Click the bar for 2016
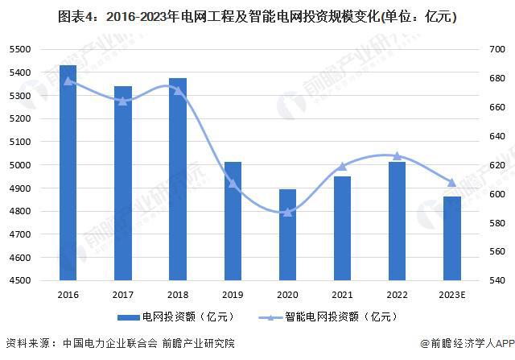click(68, 172)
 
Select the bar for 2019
click(233, 221)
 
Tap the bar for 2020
click(287, 234)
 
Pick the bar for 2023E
click(451, 238)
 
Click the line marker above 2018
click(178, 90)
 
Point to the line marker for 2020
click(287, 212)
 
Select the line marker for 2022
click(397, 155)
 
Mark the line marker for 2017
click(123, 101)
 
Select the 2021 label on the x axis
click(342, 295)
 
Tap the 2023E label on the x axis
click(451, 295)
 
